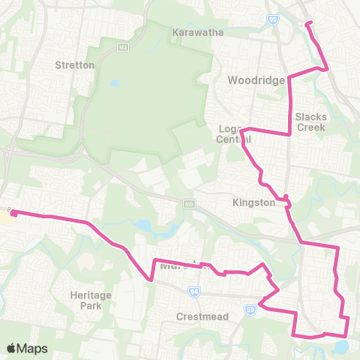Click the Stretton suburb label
pyautogui.click(x=75, y=65)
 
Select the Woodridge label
pyautogui.click(x=256, y=80)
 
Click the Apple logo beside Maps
pyautogui.click(x=12, y=348)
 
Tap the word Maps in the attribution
pyautogui.click(x=33, y=348)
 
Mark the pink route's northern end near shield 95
pyautogui.click(x=307, y=23)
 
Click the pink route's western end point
pyautogui.click(x=13, y=214)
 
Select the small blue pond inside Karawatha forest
pyautogui.click(x=114, y=83)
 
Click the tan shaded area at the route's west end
pyautogui.click(x=5, y=220)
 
